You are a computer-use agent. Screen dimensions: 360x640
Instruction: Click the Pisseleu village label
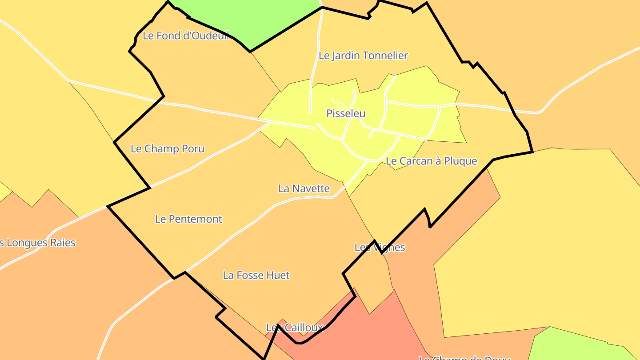tap(346, 113)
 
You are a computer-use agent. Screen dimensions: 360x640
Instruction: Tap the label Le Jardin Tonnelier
tap(363, 56)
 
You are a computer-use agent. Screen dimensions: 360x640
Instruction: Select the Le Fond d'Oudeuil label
tap(186, 36)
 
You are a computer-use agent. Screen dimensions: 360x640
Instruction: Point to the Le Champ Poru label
tap(168, 148)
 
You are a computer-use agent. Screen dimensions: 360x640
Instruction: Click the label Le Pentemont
tap(188, 219)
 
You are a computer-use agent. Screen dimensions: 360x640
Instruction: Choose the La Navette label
tap(304, 188)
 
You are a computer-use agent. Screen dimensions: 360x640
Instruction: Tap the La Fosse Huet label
tap(256, 275)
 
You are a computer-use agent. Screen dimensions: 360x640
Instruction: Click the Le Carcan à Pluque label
tap(431, 161)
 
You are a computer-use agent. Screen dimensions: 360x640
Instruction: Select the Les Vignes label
tap(380, 247)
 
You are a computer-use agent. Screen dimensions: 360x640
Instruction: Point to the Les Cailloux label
tap(294, 328)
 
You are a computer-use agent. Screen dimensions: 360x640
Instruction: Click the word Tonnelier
tap(385, 56)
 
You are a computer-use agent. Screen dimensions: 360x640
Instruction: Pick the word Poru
tap(193, 148)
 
